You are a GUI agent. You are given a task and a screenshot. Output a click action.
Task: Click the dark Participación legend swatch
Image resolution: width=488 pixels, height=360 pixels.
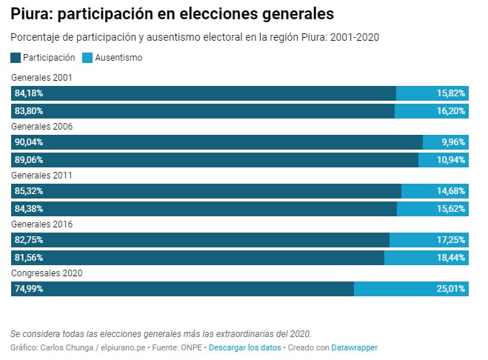[16, 57]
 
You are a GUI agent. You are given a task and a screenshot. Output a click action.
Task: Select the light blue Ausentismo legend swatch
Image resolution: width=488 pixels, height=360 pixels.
[87, 57]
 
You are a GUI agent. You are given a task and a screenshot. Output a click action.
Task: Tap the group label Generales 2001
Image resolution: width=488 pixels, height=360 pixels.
[41, 78]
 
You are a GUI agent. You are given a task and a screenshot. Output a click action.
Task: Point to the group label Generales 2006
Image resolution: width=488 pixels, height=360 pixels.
[41, 127]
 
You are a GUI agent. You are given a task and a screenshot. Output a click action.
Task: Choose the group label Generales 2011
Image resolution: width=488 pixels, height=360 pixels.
[41, 176]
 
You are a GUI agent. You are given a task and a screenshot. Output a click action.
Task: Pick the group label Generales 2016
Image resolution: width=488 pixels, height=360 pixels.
[41, 224]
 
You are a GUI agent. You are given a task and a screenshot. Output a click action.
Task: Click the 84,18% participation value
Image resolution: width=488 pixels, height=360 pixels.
[29, 93]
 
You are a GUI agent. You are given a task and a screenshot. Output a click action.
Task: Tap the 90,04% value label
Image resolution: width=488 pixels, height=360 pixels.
[29, 142]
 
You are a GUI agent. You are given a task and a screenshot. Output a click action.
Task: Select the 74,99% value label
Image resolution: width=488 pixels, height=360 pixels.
[29, 289]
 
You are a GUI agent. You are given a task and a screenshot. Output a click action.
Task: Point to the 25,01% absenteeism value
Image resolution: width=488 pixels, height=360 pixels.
[451, 289]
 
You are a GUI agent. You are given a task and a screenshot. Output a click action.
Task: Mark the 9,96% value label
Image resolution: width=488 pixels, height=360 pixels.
[453, 142]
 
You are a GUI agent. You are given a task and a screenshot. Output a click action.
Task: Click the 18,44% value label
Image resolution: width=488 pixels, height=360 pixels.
[451, 258]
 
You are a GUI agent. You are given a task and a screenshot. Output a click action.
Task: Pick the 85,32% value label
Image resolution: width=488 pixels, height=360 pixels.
[29, 191]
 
